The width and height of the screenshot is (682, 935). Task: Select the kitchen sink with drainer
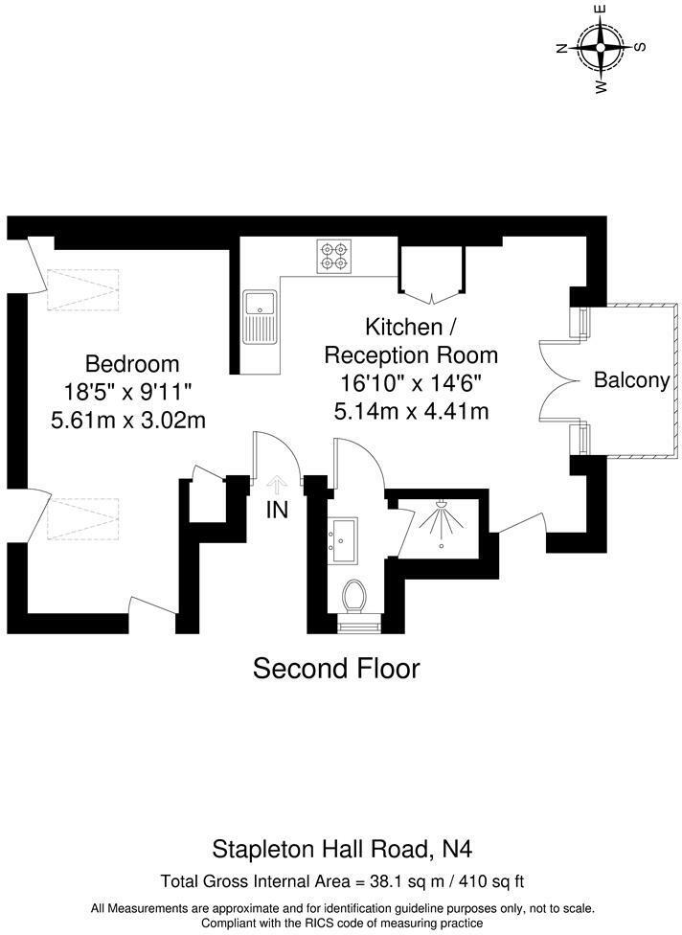[260, 317]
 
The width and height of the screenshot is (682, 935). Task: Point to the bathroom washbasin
[342, 538]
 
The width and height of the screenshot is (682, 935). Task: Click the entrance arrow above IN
[277, 485]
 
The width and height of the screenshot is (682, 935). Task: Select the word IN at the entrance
[277, 511]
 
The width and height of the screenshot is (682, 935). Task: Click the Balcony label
[631, 380]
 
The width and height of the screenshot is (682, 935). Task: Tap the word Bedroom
[132, 364]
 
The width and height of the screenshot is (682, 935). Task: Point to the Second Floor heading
[336, 668]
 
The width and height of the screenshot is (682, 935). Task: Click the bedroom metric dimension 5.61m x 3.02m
[132, 420]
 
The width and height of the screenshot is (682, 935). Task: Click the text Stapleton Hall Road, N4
[341, 848]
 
